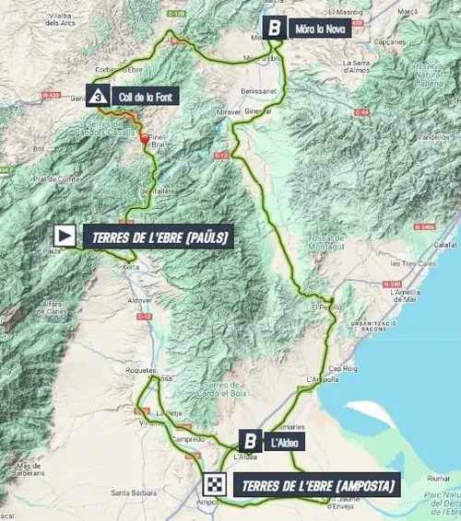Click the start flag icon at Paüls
click(66, 234)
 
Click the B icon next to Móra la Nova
click(275, 27)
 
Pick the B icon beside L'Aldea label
click(250, 441)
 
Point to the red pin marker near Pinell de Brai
click(144, 141)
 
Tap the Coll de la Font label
click(142, 96)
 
